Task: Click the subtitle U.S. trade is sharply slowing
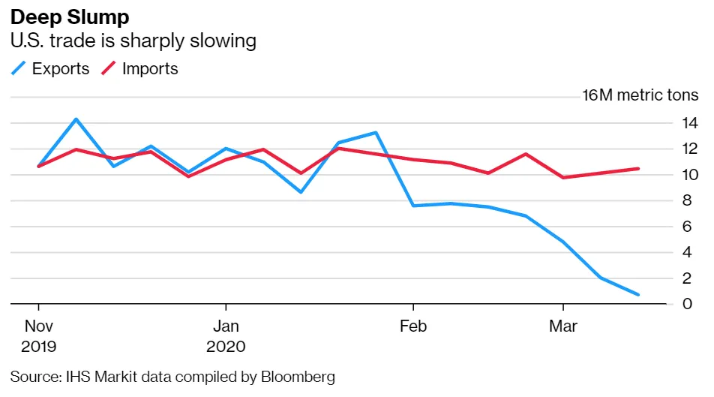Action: (133, 41)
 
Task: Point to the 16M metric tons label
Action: (641, 95)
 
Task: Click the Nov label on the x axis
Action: (39, 326)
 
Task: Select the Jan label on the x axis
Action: (226, 326)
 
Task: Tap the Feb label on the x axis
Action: (413, 326)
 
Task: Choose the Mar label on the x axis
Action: (563, 326)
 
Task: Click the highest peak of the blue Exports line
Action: (76, 119)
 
